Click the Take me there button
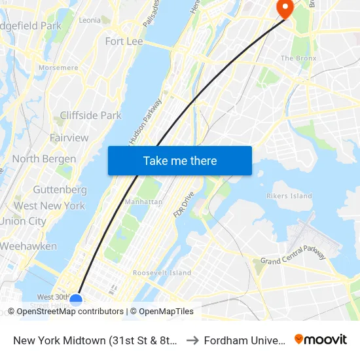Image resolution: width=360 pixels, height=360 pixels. tap(180, 160)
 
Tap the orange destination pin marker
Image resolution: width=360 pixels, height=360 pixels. tap(285, 8)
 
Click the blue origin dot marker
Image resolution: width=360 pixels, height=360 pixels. tap(76, 300)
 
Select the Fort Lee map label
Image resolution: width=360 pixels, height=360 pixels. tap(124, 41)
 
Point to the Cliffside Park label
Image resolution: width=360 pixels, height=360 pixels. tap(90, 115)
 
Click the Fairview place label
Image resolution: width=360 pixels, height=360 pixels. tap(69, 137)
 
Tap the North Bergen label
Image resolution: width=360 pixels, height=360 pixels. tap(44, 159)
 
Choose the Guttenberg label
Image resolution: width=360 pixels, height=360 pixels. tap(60, 190)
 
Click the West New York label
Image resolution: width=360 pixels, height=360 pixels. tap(49, 206)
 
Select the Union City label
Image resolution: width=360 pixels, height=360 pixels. tap(23, 221)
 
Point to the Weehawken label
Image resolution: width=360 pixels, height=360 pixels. tap(28, 247)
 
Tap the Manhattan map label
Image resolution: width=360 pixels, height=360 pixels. tap(143, 202)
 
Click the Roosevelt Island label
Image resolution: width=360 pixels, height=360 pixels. tap(162, 273)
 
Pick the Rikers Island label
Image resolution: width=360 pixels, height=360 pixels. tap(289, 196)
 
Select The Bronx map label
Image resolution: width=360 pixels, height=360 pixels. tap(298, 58)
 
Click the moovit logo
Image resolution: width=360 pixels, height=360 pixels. tap(321, 339)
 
